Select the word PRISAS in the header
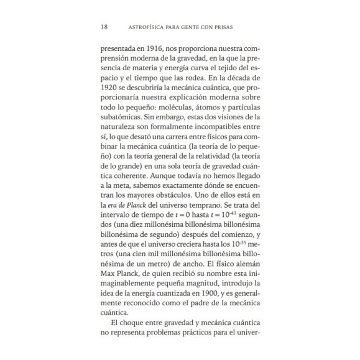pyautogui.click(x=231, y=27)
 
